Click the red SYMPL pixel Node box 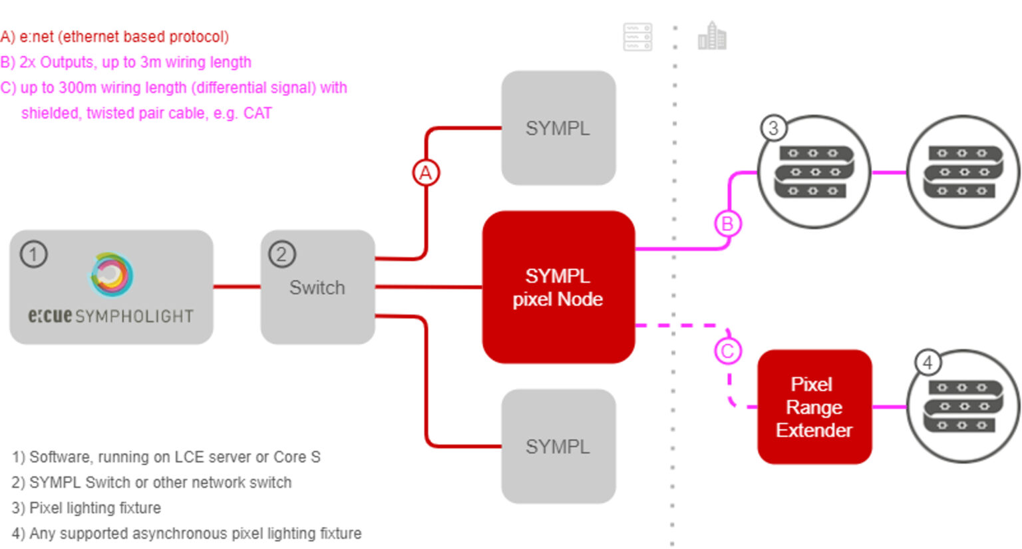[x=558, y=287]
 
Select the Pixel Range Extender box [x=814, y=407]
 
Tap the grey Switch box [x=317, y=287]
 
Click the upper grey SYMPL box [x=558, y=128]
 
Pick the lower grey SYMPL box [x=558, y=447]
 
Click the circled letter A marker [x=426, y=173]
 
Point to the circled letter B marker [x=727, y=224]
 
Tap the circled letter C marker [x=727, y=351]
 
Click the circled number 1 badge [x=34, y=254]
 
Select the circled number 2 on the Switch [x=282, y=254]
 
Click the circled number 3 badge [x=773, y=128]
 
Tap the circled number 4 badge [x=928, y=363]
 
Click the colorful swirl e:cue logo [x=112, y=274]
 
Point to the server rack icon [x=637, y=37]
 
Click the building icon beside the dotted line [x=712, y=36]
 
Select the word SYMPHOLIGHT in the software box [x=134, y=317]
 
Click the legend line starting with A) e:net [x=114, y=37]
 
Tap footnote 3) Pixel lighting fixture [x=86, y=508]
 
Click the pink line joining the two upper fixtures [x=889, y=172]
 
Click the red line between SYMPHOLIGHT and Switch [x=237, y=287]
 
